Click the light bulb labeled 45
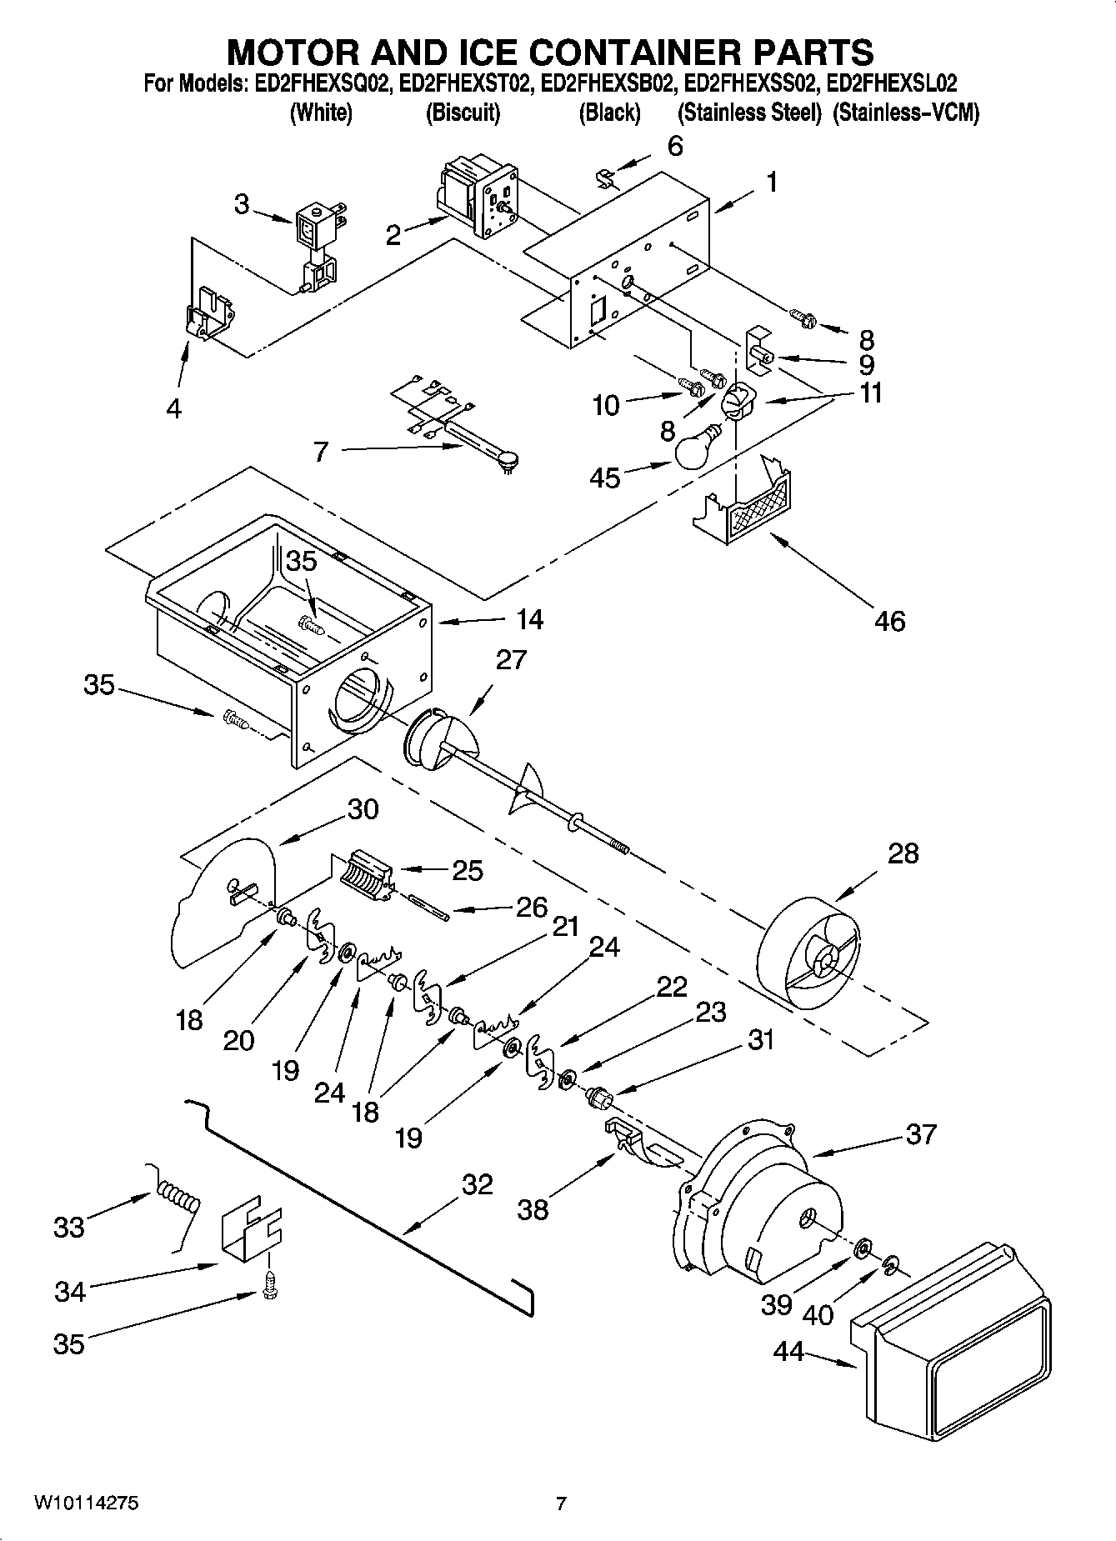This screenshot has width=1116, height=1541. (698, 451)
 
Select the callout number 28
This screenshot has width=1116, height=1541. (903, 853)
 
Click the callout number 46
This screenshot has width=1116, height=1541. (889, 621)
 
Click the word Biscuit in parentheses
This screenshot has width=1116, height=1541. (463, 113)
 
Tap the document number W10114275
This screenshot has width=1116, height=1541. (87, 1503)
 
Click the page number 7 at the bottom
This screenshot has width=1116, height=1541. (561, 1503)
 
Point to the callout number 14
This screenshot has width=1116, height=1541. (529, 619)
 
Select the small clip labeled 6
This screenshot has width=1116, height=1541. (608, 177)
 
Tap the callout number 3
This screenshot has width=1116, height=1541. (241, 204)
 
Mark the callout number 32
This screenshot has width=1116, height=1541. (477, 1184)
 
